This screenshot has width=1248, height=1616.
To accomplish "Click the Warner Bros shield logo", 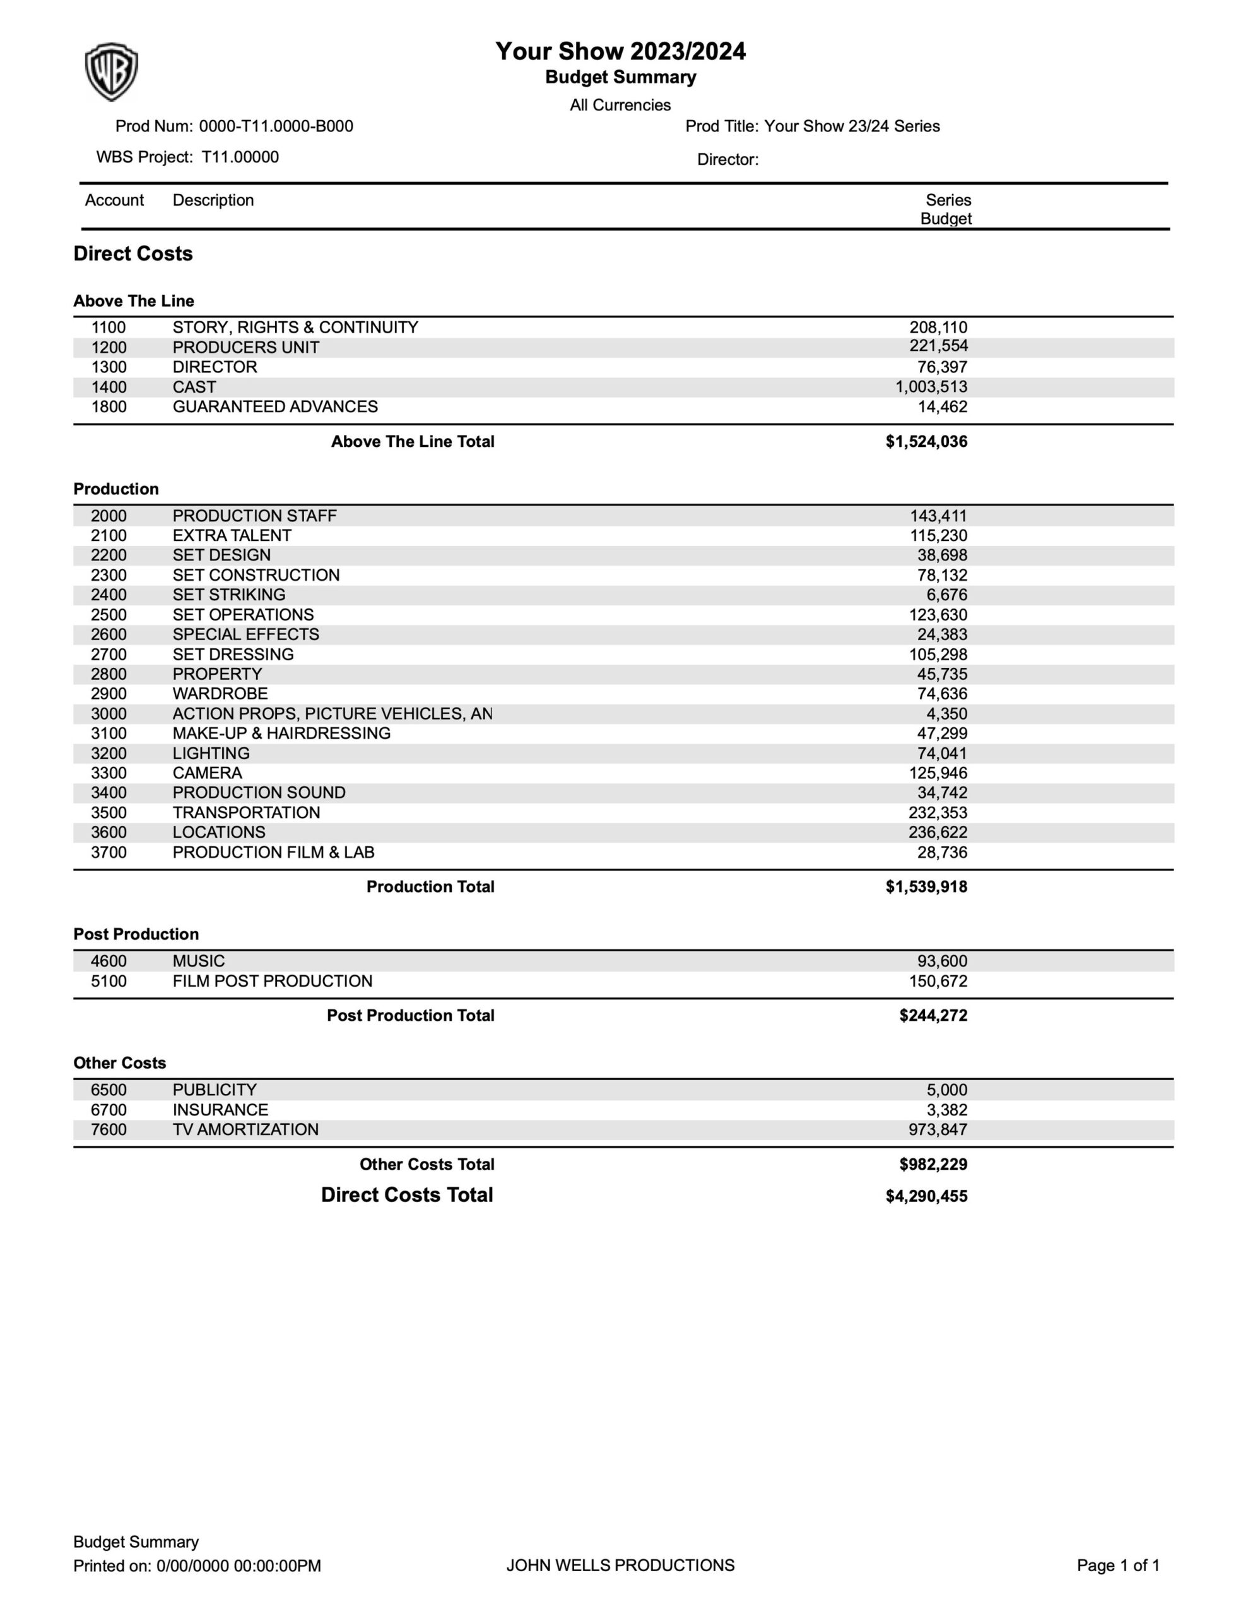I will pyautogui.click(x=111, y=72).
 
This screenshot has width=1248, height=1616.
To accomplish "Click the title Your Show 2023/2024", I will pyautogui.click(x=620, y=52).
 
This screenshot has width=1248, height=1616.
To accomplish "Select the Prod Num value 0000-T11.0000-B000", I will pyautogui.click(x=276, y=126).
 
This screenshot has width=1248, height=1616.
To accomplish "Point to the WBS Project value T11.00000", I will pyautogui.click(x=240, y=157).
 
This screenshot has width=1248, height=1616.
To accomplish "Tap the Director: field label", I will pyautogui.click(x=727, y=160).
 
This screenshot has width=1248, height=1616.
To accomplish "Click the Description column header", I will pyautogui.click(x=213, y=201).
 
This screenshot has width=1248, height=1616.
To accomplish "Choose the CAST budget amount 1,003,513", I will pyautogui.click(x=931, y=387).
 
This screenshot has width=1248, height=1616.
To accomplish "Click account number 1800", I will pyautogui.click(x=109, y=407).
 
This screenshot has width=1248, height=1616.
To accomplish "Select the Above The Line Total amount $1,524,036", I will pyautogui.click(x=926, y=442).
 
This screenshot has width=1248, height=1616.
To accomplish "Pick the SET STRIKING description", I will pyautogui.click(x=228, y=595).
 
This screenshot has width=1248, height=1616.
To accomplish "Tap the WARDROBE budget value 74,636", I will pyautogui.click(x=942, y=694).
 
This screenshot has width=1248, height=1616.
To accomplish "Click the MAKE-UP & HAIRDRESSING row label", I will pyautogui.click(x=281, y=734).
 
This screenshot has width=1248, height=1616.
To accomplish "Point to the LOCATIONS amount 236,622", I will pyautogui.click(x=938, y=833).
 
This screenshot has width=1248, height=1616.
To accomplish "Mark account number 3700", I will pyautogui.click(x=109, y=852).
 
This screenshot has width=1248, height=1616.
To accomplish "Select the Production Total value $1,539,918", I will pyautogui.click(x=926, y=886).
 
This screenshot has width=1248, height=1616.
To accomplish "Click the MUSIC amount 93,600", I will pyautogui.click(x=942, y=961).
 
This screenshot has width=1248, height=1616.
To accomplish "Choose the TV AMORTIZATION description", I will pyautogui.click(x=245, y=1130).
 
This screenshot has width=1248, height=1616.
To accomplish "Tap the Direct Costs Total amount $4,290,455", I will pyautogui.click(x=926, y=1196).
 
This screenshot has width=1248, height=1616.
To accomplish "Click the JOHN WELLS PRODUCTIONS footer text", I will pyautogui.click(x=620, y=1565).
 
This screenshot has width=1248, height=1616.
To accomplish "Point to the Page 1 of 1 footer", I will pyautogui.click(x=1118, y=1565).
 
